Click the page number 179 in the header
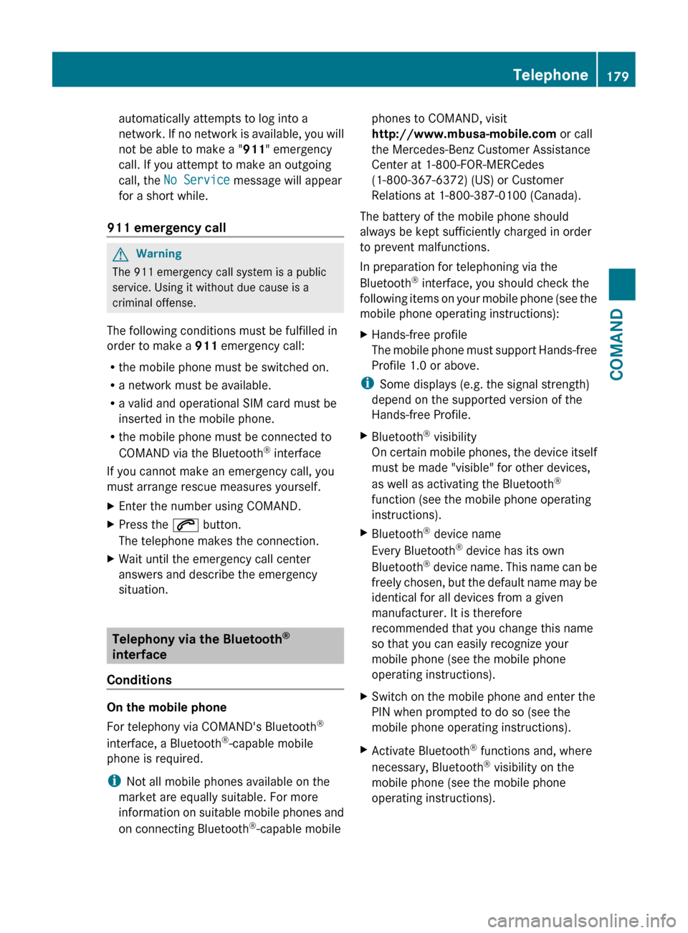click(x=617, y=76)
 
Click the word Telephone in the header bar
click(x=550, y=75)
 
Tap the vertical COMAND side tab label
click(x=616, y=344)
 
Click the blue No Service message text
click(x=196, y=180)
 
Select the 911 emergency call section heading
click(x=166, y=228)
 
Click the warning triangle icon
click(x=120, y=254)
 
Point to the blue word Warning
click(x=158, y=254)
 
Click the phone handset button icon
click(x=185, y=525)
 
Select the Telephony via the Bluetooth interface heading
click(x=201, y=646)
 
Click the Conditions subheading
click(x=139, y=680)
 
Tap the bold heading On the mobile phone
click(x=166, y=707)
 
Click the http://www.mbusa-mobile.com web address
click(x=464, y=134)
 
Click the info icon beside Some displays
click(x=367, y=383)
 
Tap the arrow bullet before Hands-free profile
click(x=364, y=335)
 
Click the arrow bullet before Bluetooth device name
click(x=364, y=533)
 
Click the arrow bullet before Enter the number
click(x=110, y=506)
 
